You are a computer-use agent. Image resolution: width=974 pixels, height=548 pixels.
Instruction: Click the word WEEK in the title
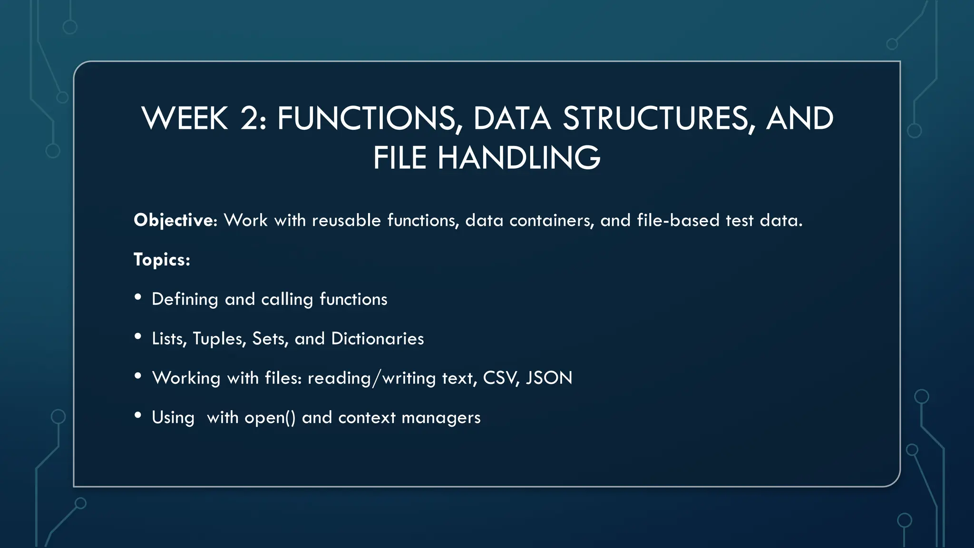point(185,118)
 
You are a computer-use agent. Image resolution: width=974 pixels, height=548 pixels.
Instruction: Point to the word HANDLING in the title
point(519,158)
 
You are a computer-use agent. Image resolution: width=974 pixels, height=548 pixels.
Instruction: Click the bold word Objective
point(174,220)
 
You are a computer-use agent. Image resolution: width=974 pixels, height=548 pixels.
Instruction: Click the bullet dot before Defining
point(138,297)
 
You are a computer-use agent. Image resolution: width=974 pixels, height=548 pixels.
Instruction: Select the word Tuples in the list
point(219,339)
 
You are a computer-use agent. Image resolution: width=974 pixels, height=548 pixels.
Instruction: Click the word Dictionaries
point(377,339)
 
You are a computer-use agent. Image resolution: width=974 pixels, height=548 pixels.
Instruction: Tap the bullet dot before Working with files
point(138,376)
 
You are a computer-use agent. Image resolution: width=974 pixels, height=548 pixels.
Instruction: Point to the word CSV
point(501,378)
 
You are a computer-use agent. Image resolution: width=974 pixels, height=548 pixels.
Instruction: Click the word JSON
point(549,378)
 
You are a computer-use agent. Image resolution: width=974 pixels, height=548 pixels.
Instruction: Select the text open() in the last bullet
point(270,418)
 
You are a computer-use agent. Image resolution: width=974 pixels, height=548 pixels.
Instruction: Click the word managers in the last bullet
point(441,418)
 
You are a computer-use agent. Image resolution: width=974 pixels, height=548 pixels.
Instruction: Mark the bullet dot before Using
point(138,416)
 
